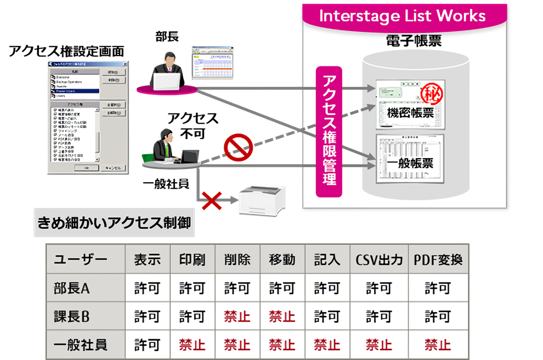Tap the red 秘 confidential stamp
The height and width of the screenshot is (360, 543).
tap(431, 92)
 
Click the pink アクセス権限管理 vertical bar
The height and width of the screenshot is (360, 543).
tap(329, 132)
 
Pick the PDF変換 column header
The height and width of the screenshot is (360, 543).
tap(438, 260)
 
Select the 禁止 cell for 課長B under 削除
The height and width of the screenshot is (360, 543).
tap(237, 316)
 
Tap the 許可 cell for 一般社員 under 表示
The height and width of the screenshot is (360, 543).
tap(147, 345)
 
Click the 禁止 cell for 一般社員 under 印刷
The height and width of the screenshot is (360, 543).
tap(192, 345)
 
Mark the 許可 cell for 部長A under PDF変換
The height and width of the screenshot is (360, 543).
tap(438, 288)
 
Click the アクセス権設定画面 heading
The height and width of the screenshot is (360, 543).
tap(66, 52)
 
